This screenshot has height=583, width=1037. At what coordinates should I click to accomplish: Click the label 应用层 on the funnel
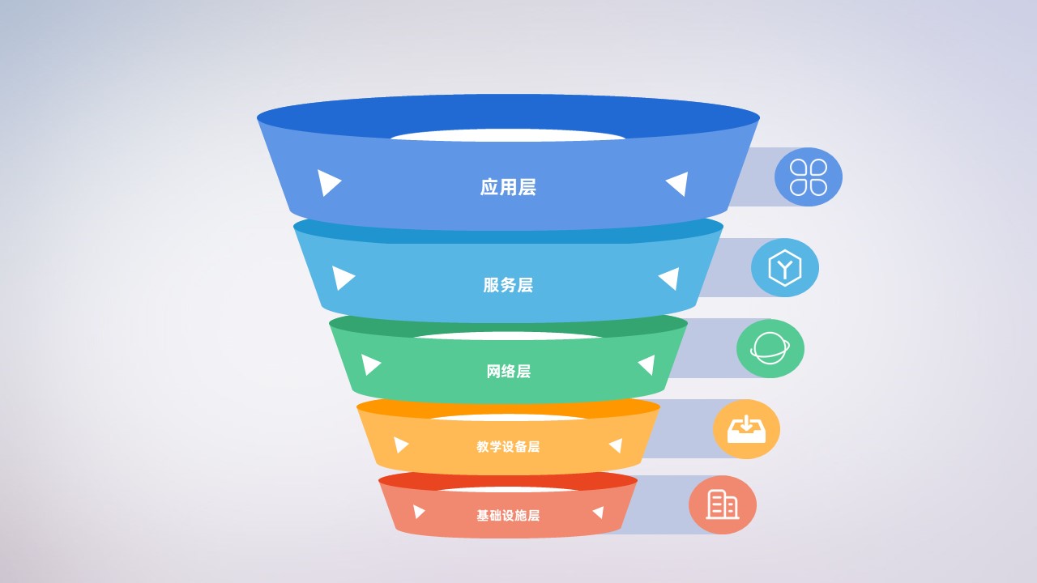pyautogui.click(x=508, y=187)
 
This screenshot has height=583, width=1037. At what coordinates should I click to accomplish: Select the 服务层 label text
pyautogui.click(x=508, y=285)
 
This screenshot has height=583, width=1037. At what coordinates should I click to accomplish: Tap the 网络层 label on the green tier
pyautogui.click(x=508, y=372)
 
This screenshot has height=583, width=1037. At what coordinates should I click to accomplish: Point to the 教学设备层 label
pyautogui.click(x=508, y=446)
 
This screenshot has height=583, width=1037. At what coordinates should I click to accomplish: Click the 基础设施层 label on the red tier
pyautogui.click(x=508, y=516)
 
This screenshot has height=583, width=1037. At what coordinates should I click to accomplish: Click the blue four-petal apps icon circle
pyautogui.click(x=809, y=177)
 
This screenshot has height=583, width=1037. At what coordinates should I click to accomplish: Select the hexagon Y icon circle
pyautogui.click(x=785, y=267)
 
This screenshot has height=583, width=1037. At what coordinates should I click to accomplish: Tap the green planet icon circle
pyautogui.click(x=770, y=348)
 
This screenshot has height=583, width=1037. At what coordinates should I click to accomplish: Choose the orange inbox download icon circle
pyautogui.click(x=746, y=429)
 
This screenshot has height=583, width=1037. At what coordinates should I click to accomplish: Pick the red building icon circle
pyautogui.click(x=723, y=504)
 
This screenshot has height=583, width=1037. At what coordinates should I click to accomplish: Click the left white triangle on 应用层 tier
pyautogui.click(x=327, y=182)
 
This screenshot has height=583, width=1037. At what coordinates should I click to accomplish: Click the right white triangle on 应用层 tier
pyautogui.click(x=678, y=183)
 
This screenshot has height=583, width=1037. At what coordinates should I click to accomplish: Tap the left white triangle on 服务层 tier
pyautogui.click(x=343, y=278)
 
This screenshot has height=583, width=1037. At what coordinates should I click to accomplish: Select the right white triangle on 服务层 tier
pyautogui.click(x=670, y=279)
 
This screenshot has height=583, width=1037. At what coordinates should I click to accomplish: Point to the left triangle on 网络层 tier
pyautogui.click(x=370, y=364)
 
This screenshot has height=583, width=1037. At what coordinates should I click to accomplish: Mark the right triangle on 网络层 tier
pyautogui.click(x=647, y=365)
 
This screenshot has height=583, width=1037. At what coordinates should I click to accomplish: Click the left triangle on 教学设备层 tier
pyautogui.click(x=400, y=445)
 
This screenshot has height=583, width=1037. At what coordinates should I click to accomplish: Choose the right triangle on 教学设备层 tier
pyautogui.click(x=616, y=445)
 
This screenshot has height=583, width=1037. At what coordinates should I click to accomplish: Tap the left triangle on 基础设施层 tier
pyautogui.click(x=418, y=512)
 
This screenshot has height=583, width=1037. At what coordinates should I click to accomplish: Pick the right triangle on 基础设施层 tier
pyautogui.click(x=599, y=513)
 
